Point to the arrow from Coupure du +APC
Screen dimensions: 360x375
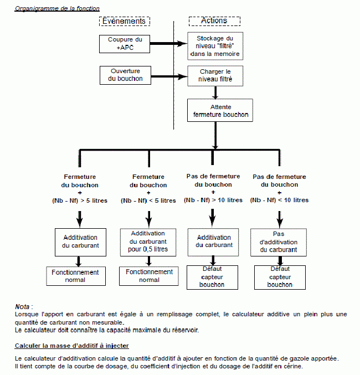tap(168, 44)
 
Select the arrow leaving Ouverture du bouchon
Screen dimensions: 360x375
tap(169, 76)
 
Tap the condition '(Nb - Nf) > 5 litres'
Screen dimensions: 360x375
tap(80, 201)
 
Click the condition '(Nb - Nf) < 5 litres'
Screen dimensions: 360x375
tap(148, 201)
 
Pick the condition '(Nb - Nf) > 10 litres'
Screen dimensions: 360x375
tap(213, 200)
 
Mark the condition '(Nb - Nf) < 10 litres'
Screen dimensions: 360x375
tap(279, 200)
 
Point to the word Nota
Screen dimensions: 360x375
tap(22, 307)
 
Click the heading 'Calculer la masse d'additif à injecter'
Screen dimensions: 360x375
tap(72, 346)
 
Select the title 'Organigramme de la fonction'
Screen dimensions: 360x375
tap(57, 8)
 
